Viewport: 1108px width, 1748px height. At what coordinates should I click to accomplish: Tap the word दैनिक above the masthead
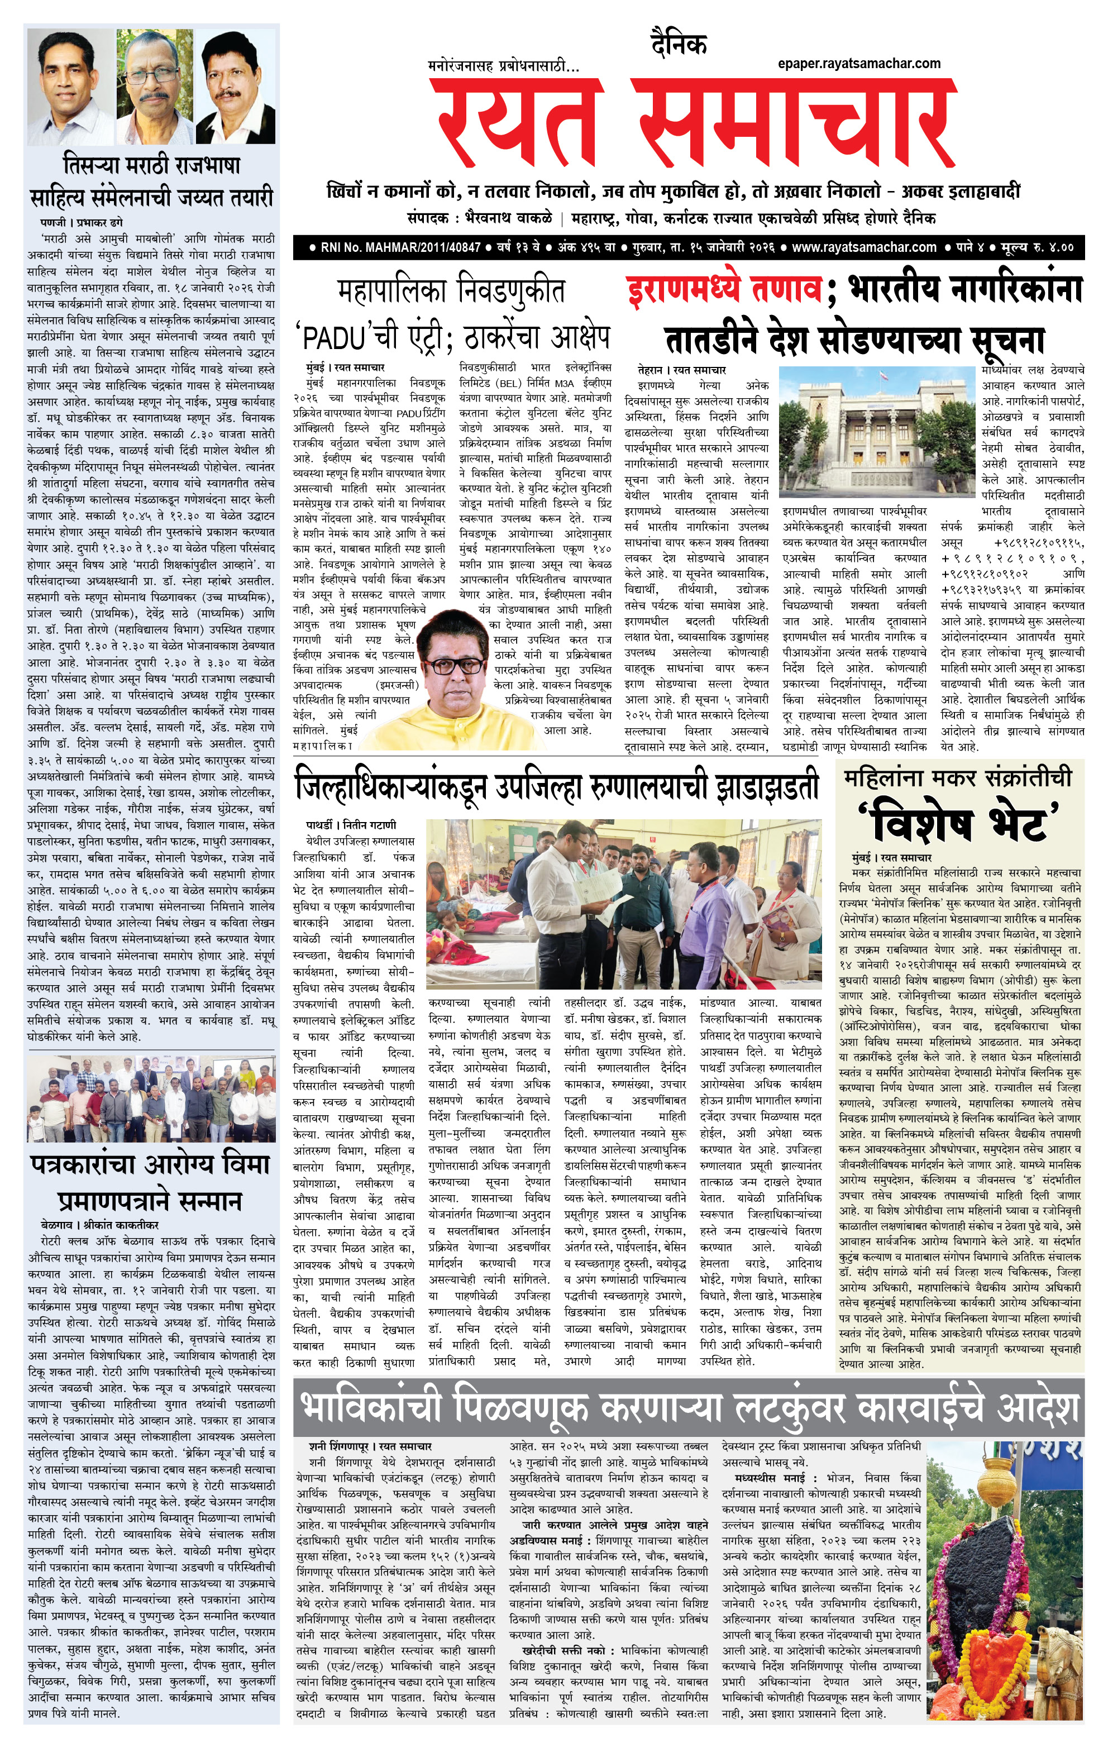(678, 45)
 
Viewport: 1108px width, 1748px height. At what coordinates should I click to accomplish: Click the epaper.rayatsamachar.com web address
(859, 64)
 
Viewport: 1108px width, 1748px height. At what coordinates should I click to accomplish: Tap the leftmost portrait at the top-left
(70, 85)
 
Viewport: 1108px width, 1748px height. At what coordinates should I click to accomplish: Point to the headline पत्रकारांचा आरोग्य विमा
(150, 1165)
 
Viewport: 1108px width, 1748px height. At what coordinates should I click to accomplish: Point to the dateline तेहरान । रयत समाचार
(682, 370)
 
